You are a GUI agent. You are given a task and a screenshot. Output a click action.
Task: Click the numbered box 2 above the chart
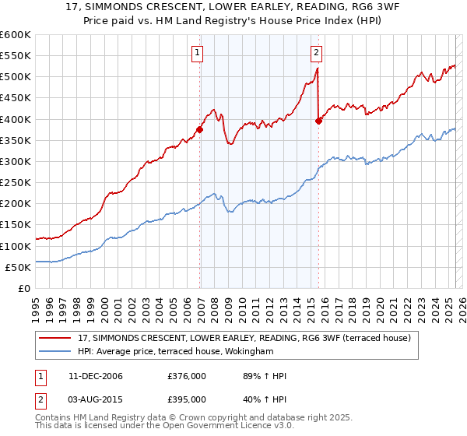(x=318, y=53)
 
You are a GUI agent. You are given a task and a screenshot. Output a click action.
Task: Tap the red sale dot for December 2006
(x=200, y=130)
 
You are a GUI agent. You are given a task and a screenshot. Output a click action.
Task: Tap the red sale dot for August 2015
(x=318, y=121)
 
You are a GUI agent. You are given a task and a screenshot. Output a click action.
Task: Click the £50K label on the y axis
(x=19, y=267)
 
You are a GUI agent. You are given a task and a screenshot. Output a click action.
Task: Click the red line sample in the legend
(x=56, y=337)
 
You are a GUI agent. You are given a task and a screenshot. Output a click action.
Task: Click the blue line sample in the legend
(x=56, y=352)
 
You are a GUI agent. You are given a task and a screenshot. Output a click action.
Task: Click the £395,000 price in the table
(x=187, y=399)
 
